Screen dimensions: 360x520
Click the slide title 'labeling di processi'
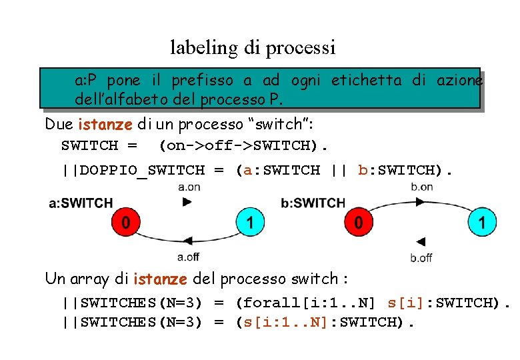pos(253,48)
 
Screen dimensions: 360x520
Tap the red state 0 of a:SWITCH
pos(125,222)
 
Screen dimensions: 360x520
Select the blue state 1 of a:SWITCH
pos(250,222)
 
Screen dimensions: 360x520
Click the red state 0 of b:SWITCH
pos(359,222)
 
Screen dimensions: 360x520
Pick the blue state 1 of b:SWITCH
pos(482,222)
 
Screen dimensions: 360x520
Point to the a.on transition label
pos(189,187)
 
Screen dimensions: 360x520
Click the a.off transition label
pos(188,257)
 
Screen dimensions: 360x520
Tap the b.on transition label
pos(421,187)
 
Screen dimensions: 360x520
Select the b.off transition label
pos(421,257)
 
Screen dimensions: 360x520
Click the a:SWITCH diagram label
pos(81,203)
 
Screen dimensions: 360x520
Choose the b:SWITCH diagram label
pos(313,203)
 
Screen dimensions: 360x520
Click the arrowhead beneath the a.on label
pos(187,202)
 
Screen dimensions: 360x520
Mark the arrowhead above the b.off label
pos(421,241)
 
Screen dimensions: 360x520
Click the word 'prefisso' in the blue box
pos(203,81)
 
